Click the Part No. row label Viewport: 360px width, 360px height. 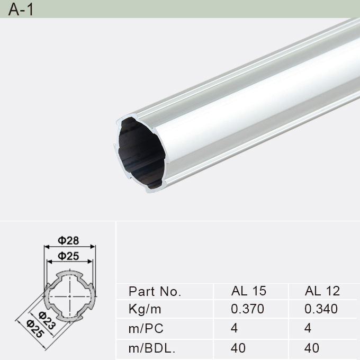(155, 291)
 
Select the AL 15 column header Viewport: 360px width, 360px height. (248, 291)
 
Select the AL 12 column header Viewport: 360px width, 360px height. (322, 291)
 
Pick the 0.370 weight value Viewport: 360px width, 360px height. (247, 309)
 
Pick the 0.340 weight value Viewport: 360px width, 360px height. (321, 309)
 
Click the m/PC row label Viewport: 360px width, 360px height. (146, 329)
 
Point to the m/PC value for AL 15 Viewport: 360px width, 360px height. (235, 329)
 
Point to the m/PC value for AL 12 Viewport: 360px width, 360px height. (308, 329)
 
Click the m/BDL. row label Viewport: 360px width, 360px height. (152, 348)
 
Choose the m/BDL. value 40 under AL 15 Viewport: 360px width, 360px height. (238, 348)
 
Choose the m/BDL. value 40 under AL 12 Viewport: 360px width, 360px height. (312, 348)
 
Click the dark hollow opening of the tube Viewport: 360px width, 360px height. (140, 154)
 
